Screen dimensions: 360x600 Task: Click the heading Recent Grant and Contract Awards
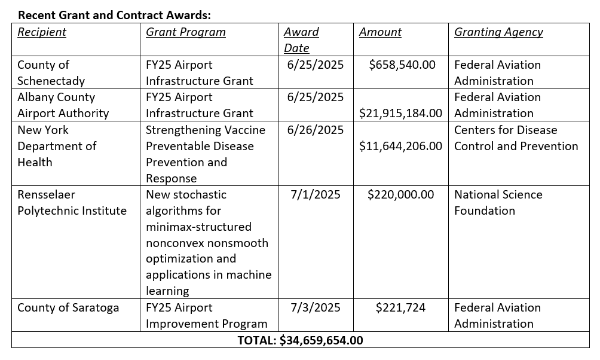[x=114, y=14]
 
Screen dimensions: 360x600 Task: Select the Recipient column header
[x=42, y=32]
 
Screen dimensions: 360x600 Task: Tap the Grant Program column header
[x=186, y=32]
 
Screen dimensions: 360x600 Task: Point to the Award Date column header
[x=301, y=40]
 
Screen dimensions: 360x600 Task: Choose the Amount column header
[x=380, y=32]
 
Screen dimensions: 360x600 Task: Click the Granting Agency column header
[x=498, y=32]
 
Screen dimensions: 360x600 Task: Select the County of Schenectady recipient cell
[x=51, y=73]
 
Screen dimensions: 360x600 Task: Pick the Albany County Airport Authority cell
[x=63, y=105]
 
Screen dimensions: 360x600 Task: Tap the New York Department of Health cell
[x=57, y=146]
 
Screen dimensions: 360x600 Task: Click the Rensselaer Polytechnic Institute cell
[x=72, y=203]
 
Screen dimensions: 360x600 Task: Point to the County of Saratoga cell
[x=68, y=308]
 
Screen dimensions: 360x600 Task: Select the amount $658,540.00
[x=402, y=65]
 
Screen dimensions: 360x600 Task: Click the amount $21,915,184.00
[x=400, y=113]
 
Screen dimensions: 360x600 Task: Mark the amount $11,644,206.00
[x=400, y=146]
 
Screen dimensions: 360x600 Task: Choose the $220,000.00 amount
[x=400, y=195]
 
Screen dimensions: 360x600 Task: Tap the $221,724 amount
[x=400, y=308]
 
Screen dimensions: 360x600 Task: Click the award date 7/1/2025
[x=316, y=195]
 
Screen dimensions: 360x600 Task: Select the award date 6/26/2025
[x=316, y=130]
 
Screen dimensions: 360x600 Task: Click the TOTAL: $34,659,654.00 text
[x=300, y=341]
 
